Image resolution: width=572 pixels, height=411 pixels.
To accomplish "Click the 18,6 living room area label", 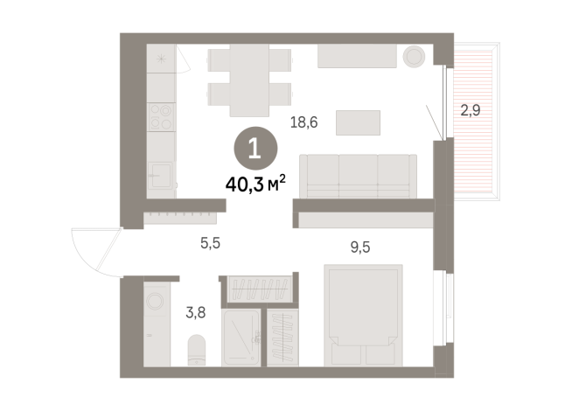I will coord(304,123).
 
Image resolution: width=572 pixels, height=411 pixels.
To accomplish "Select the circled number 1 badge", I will coord(255,148).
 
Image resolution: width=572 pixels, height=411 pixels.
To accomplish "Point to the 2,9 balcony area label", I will coord(471,111).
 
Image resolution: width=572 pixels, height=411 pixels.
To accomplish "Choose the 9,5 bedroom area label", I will coord(360,247).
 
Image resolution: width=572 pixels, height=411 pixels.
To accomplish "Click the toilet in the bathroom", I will coord(197,351).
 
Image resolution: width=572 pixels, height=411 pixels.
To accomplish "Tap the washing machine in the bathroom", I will coord(156,303).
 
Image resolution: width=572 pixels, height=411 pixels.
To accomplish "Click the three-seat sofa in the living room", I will coord(357,176).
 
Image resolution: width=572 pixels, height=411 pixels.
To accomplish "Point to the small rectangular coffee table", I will coord(359,122).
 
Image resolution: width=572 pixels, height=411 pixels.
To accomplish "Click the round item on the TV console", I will coord(413,57).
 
